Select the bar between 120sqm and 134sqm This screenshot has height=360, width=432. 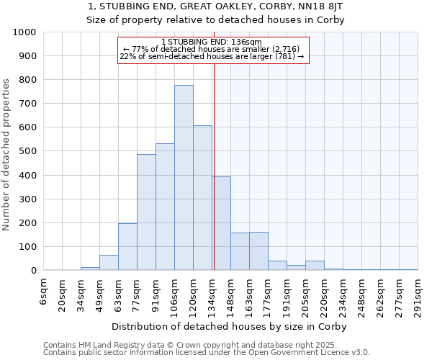(202, 198)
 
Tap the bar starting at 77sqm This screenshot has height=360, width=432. (146, 212)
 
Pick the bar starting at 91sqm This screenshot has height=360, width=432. (165, 207)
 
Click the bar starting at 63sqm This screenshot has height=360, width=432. (127, 247)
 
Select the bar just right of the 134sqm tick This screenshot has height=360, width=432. (221, 223)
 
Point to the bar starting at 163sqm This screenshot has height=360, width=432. (258, 251)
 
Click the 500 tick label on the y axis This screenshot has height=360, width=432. (27, 151)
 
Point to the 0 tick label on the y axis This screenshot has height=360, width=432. (33, 271)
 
